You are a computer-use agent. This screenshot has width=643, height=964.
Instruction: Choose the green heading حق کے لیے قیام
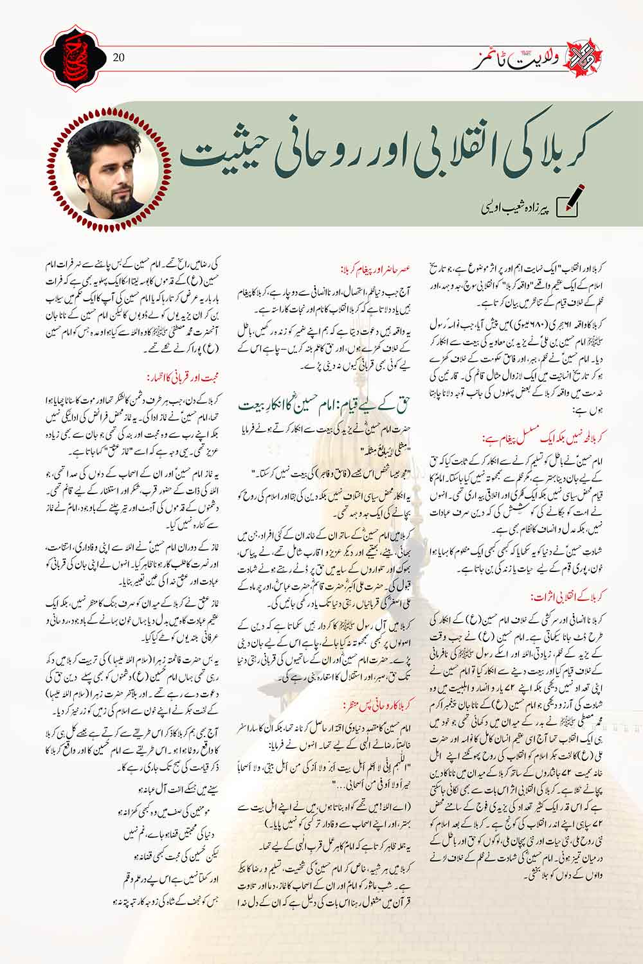point(328,404)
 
